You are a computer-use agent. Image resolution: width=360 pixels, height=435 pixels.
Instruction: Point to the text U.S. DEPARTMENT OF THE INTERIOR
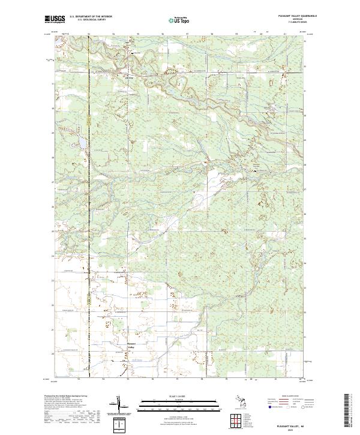[x=91, y=16]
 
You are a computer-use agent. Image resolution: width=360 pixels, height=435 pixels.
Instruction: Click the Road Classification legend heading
[x=293, y=397]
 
